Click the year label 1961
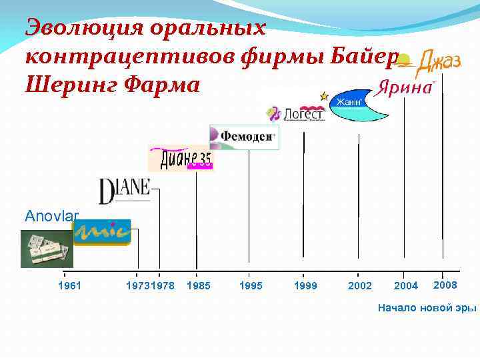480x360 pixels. (69, 285)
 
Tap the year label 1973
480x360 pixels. (137, 285)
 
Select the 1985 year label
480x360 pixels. (199, 285)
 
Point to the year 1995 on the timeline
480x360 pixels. (251, 285)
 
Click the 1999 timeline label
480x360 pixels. (305, 285)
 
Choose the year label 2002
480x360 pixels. (360, 285)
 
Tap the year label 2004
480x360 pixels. (406, 285)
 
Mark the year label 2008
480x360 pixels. (445, 285)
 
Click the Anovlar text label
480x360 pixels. (51, 215)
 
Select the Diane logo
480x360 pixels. (125, 191)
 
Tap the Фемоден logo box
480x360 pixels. (244, 137)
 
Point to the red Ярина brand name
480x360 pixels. (405, 88)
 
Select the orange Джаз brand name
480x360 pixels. (438, 63)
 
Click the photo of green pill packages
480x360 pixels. (46, 248)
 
